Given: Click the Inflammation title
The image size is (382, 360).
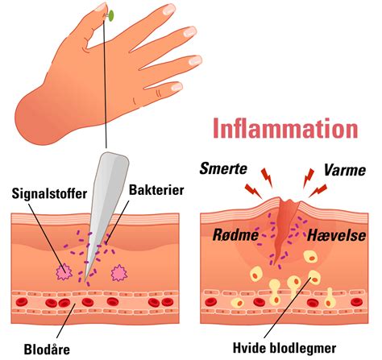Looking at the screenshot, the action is coord(285,129).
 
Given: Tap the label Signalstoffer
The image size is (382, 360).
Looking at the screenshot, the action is coord(49,193).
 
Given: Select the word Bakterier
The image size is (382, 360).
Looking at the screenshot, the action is coord(156,190).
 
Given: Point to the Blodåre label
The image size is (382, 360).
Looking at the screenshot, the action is coord(47,350).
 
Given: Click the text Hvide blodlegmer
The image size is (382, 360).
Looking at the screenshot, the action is coord(284,348).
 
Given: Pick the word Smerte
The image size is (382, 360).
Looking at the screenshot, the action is coord(223,169).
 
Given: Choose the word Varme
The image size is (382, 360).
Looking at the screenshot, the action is coord(345,170).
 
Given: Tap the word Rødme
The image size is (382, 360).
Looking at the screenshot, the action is coord(235,234).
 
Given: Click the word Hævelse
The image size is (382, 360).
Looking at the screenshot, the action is coord(336,235).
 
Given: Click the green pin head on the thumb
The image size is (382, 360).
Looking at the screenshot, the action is coord(111,15).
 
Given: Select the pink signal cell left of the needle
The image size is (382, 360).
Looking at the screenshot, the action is coord(64,271).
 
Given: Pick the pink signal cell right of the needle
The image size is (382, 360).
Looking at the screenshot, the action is coord(119,272).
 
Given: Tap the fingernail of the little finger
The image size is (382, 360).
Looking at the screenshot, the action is coord(176,87).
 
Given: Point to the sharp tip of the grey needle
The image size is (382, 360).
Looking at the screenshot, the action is coord(85,281).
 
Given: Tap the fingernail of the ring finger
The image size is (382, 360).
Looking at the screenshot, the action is coord(195,60).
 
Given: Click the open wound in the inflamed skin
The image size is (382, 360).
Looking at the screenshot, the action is coord(284,228).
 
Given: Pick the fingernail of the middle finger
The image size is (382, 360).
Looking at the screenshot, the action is coord(189,31).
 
